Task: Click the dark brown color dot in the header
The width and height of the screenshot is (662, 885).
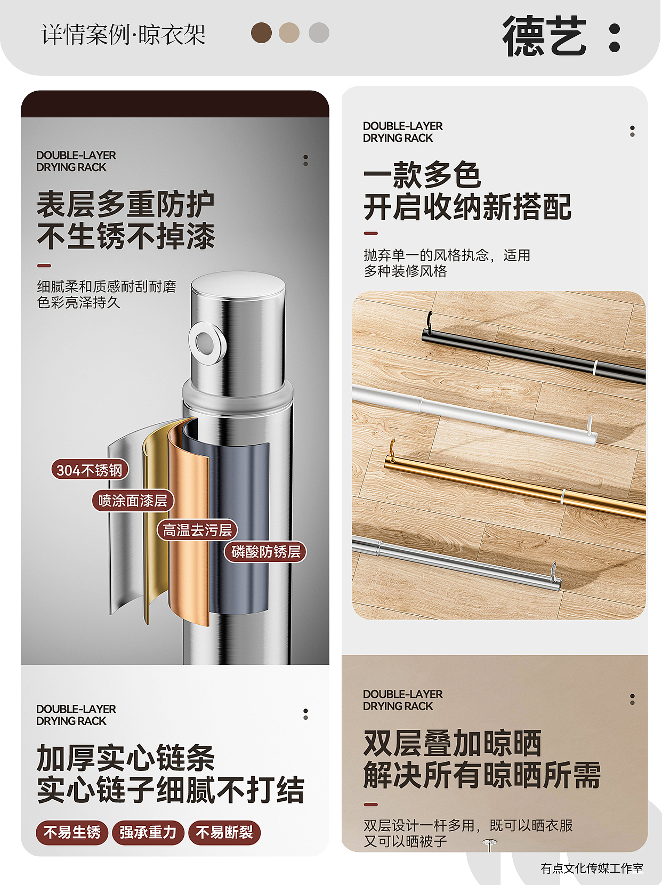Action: pyautogui.click(x=261, y=33)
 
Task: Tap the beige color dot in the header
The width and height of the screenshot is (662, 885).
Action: pyautogui.click(x=289, y=33)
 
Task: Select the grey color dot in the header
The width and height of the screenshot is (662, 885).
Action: pyautogui.click(x=319, y=33)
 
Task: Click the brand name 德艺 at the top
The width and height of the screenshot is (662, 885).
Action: pyautogui.click(x=544, y=36)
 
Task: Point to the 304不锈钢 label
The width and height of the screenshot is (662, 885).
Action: pyautogui.click(x=90, y=470)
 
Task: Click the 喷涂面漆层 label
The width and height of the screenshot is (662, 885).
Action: pyautogui.click(x=133, y=501)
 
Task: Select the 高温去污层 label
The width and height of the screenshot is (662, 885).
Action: pyautogui.click(x=197, y=530)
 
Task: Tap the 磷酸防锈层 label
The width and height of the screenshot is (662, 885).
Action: pyautogui.click(x=265, y=552)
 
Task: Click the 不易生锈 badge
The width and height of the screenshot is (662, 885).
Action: pyautogui.click(x=72, y=832)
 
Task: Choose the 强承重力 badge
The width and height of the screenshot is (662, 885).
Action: pyautogui.click(x=148, y=832)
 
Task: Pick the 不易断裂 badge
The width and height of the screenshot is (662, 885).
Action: pyautogui.click(x=224, y=832)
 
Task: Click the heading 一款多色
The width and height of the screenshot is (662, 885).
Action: pyautogui.click(x=422, y=175)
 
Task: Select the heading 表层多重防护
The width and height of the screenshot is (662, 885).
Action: pyautogui.click(x=126, y=205)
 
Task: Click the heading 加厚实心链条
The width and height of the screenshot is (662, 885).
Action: pyautogui.click(x=126, y=758)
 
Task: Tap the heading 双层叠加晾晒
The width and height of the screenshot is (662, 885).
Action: pyautogui.click(x=452, y=743)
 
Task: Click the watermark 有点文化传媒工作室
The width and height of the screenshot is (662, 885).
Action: pyautogui.click(x=592, y=868)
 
